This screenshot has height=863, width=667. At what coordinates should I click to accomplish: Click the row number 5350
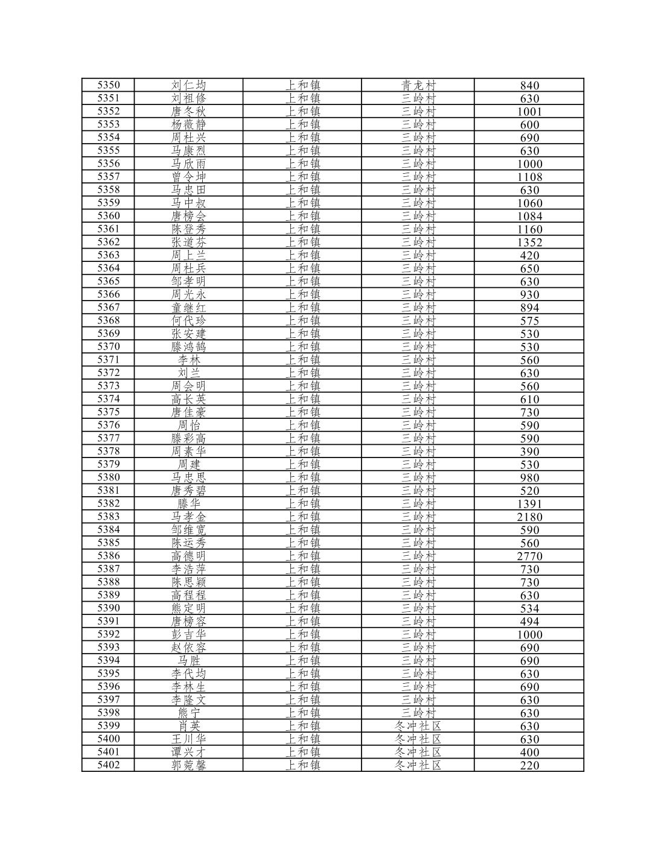(x=109, y=85)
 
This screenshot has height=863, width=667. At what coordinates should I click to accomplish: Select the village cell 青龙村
(x=418, y=85)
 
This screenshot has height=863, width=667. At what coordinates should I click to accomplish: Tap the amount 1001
(x=529, y=112)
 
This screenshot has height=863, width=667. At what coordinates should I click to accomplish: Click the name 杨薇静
(x=188, y=124)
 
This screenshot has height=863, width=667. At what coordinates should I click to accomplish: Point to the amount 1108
(x=529, y=177)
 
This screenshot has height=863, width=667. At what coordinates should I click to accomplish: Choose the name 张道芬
(x=188, y=242)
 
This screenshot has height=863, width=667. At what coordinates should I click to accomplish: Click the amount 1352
(x=529, y=242)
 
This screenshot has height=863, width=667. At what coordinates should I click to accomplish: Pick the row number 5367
(x=109, y=307)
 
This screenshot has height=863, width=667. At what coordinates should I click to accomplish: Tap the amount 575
(x=529, y=320)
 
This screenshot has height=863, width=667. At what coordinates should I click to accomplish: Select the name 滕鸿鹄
(x=188, y=346)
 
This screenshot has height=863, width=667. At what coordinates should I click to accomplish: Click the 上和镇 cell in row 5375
(x=302, y=412)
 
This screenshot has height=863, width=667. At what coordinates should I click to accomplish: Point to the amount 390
(x=529, y=451)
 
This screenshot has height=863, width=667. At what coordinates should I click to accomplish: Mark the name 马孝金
(x=188, y=517)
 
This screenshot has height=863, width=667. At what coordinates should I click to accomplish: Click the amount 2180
(x=529, y=517)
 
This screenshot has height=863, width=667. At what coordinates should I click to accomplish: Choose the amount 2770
(x=529, y=556)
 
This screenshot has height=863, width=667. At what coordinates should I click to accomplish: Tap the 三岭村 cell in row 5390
(x=418, y=608)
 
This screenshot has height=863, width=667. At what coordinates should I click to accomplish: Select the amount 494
(x=529, y=621)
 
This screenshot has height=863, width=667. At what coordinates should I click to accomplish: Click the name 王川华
(x=188, y=739)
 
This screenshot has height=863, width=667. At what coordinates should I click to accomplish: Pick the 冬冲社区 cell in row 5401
(x=418, y=752)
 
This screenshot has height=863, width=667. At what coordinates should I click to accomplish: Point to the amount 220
(x=529, y=765)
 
